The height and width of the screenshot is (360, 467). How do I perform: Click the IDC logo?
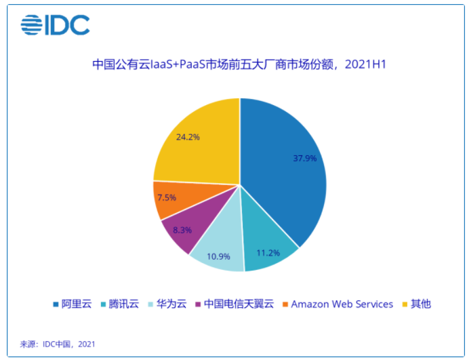click(55, 25)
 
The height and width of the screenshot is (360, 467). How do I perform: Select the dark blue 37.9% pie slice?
click(285, 169)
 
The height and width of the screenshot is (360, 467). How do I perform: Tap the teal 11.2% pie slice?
click(268, 247)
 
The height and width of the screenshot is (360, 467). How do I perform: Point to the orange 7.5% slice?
click(168, 199)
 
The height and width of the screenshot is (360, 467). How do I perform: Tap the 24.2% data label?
click(187, 136)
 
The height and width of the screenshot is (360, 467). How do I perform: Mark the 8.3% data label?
click(182, 230)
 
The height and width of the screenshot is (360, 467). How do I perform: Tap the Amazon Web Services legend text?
click(342, 304)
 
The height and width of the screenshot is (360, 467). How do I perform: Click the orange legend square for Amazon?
click(284, 304)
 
